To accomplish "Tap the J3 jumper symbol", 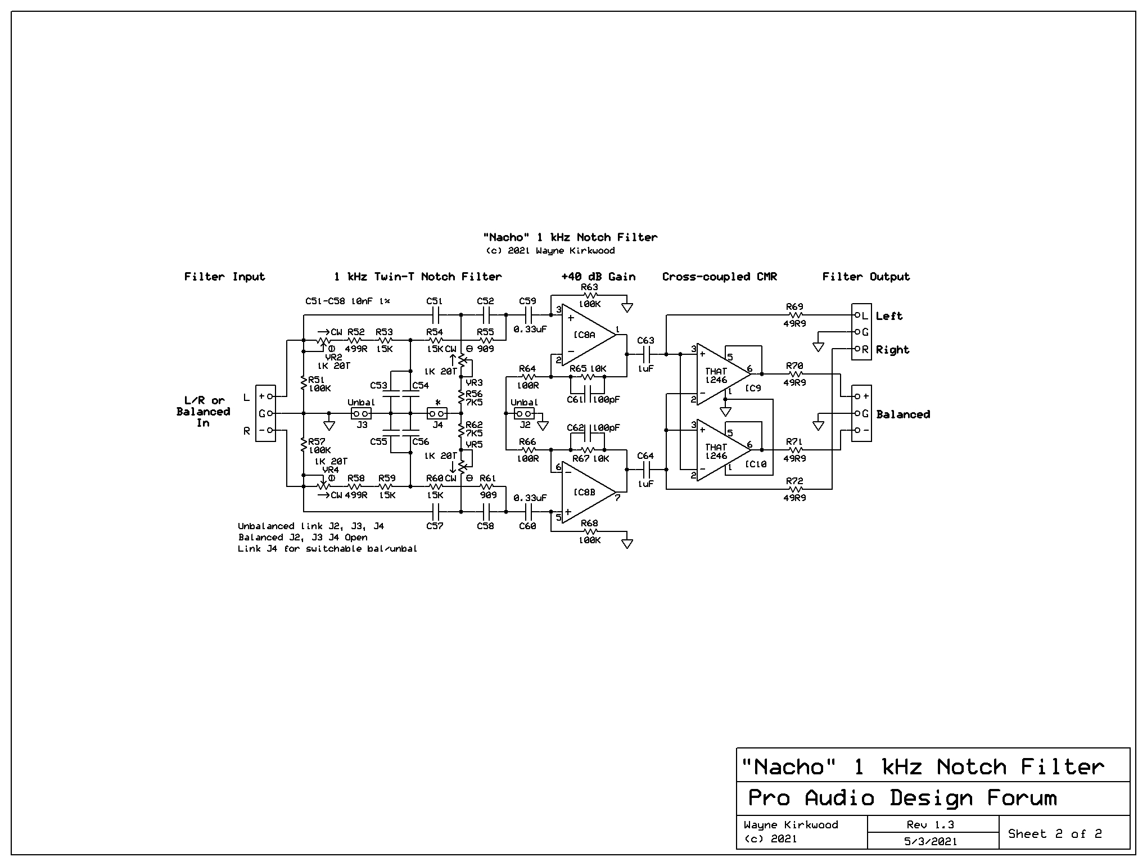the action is (361, 414).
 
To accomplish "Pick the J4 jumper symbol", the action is (437, 414).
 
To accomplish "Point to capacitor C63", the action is (646, 354).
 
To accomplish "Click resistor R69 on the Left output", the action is (794, 315).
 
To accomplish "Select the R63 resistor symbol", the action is (589, 295).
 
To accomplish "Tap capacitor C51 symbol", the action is (435, 315).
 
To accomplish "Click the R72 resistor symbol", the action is (794, 489).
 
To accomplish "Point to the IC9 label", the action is (753, 389).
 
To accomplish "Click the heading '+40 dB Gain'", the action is (598, 277).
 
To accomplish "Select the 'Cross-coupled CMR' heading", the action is (720, 277).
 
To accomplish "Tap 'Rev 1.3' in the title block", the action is (931, 825).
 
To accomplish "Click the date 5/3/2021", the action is (931, 842).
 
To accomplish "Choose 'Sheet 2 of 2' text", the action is (1055, 833).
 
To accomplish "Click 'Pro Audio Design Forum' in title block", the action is (902, 798).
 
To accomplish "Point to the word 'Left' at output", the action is (889, 316).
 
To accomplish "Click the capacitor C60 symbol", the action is (527, 512).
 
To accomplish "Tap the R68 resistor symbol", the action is (589, 531).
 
